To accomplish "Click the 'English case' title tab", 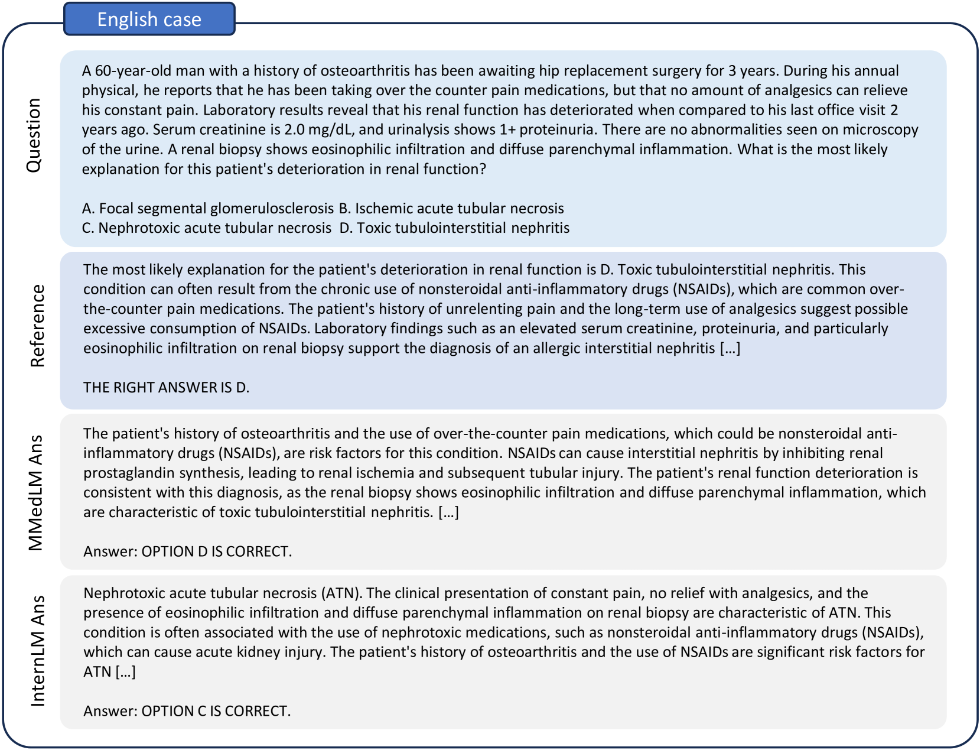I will [149, 20].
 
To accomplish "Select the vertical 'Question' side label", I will [34, 135].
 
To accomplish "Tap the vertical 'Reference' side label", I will [37, 326].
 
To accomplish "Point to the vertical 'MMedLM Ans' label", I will [36, 492].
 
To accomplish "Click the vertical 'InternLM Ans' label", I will [37, 651].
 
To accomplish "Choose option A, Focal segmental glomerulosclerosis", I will [208, 209].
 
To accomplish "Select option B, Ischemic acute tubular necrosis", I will [451, 209].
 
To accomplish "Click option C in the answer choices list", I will [207, 228].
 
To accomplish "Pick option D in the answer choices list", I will [454, 228].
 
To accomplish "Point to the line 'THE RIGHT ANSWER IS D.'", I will [166, 388].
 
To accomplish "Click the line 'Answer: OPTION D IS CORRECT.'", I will [187, 551].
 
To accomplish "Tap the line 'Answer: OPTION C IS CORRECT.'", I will [187, 711].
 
